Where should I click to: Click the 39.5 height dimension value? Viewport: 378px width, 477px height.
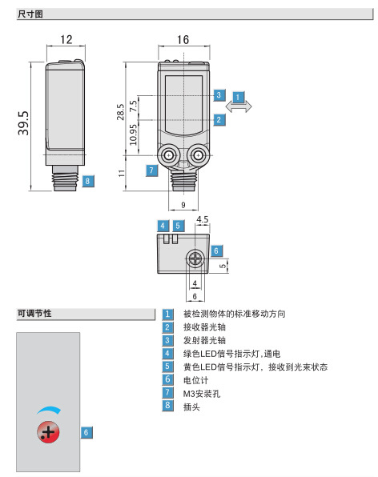click(23, 123)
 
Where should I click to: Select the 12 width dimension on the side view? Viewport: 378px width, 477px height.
click(66, 39)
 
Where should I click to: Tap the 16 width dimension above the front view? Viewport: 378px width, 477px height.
click(183, 39)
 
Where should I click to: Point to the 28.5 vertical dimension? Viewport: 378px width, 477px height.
click(120, 111)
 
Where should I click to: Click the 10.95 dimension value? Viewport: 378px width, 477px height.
click(133, 134)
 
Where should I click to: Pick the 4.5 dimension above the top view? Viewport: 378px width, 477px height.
click(203, 219)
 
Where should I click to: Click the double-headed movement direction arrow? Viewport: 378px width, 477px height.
click(239, 106)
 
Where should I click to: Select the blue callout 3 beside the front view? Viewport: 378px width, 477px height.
click(219, 95)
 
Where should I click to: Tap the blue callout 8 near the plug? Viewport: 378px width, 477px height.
click(87, 181)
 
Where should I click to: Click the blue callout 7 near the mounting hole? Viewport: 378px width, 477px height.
click(151, 170)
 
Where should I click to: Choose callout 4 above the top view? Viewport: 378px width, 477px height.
click(163, 226)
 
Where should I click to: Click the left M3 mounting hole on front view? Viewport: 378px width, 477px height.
click(168, 156)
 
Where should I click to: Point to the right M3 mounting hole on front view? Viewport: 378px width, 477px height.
click(198, 156)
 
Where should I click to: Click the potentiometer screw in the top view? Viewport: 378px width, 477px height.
click(195, 259)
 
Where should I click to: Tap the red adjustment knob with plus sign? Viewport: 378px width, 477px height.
click(48, 432)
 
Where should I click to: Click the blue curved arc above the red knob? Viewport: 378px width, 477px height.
click(50, 408)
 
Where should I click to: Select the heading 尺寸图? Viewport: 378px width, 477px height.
click(30, 14)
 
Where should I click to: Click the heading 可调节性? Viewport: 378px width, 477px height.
click(34, 314)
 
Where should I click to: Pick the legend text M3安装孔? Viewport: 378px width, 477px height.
click(202, 394)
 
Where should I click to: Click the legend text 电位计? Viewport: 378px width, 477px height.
click(195, 380)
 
